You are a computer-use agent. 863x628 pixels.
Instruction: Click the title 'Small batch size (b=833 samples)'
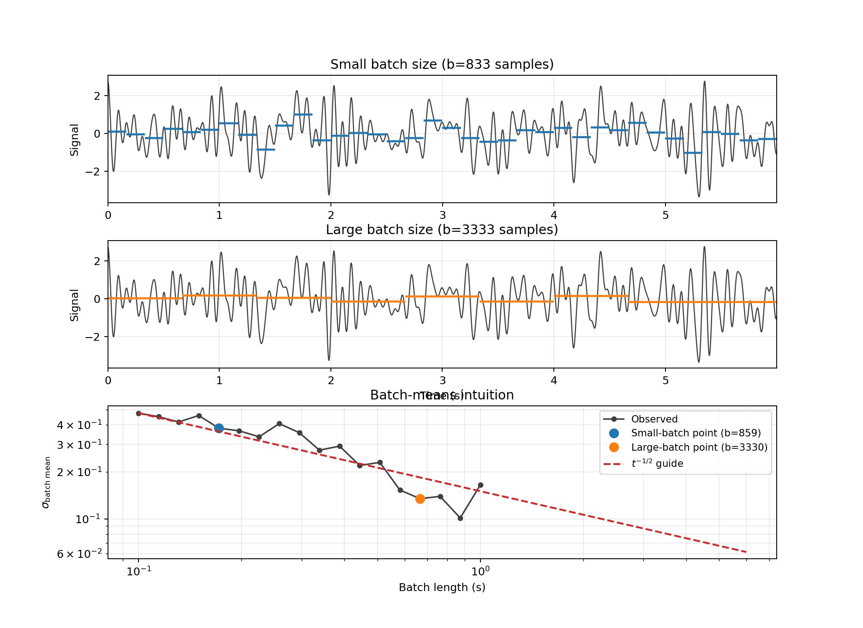(x=442, y=65)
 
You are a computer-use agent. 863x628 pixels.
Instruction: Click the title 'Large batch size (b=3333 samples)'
(x=442, y=230)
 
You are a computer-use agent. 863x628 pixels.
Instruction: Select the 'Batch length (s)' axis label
(x=442, y=587)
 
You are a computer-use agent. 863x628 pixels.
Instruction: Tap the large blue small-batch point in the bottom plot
(x=219, y=429)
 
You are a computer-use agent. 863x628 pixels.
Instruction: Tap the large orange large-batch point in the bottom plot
(x=420, y=499)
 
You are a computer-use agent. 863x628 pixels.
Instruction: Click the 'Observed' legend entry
(x=654, y=419)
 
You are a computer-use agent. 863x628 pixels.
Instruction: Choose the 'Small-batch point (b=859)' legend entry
(x=695, y=433)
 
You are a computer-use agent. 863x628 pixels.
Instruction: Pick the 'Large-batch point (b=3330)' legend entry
(x=699, y=447)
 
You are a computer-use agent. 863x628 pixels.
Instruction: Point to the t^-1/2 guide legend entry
(x=657, y=464)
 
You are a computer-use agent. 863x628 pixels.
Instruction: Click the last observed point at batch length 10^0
(x=480, y=485)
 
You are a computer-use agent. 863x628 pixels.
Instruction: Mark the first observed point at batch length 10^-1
(x=138, y=413)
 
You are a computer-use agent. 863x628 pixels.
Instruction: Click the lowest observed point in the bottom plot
(x=460, y=518)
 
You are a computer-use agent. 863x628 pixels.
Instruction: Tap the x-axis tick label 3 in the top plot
(x=443, y=215)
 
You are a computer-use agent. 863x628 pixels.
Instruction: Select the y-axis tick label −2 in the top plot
(x=93, y=172)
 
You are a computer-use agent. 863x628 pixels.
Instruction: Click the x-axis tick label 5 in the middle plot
(x=665, y=380)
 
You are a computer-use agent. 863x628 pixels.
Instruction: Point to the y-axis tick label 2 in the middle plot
(x=97, y=261)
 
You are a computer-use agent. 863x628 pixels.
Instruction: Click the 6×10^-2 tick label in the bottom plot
(x=79, y=554)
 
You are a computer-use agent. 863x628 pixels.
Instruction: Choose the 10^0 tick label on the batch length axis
(x=480, y=572)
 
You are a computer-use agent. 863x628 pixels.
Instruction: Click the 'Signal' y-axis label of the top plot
(x=75, y=139)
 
